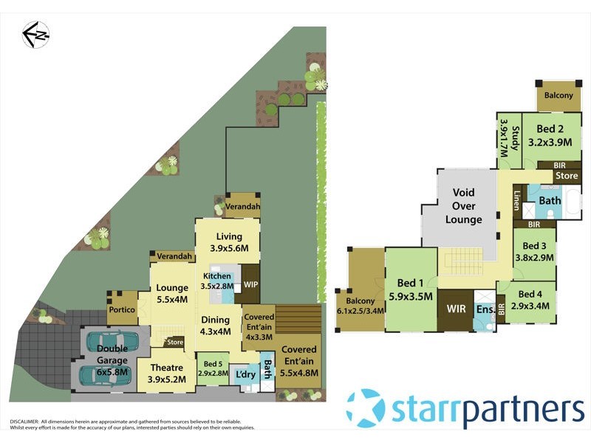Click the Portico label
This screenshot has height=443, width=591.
point(122,311)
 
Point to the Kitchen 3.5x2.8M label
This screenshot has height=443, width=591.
point(217,281)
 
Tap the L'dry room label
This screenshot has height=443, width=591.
point(245,375)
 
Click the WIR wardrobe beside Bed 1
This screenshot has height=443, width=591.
point(457,309)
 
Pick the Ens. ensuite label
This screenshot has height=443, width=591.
point(485,309)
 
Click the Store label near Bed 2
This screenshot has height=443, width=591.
point(567,176)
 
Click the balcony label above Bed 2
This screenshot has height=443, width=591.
point(558,96)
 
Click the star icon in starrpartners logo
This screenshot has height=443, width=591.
point(365,408)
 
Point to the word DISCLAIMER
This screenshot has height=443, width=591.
point(24,421)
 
